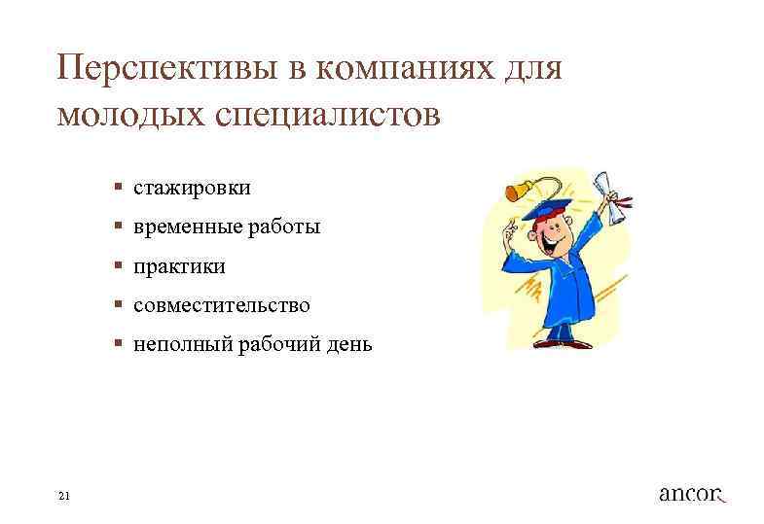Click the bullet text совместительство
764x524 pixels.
click(x=222, y=305)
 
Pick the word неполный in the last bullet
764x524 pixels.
click(x=177, y=345)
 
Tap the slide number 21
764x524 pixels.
click(x=64, y=497)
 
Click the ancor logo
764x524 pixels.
click(x=692, y=493)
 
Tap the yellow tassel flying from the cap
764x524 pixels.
click(x=516, y=191)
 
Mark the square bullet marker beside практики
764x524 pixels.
click(x=116, y=265)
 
